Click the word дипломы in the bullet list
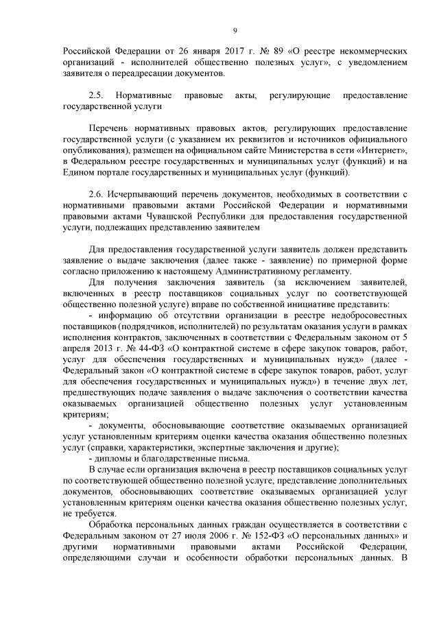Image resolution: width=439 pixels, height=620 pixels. (x=111, y=457)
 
